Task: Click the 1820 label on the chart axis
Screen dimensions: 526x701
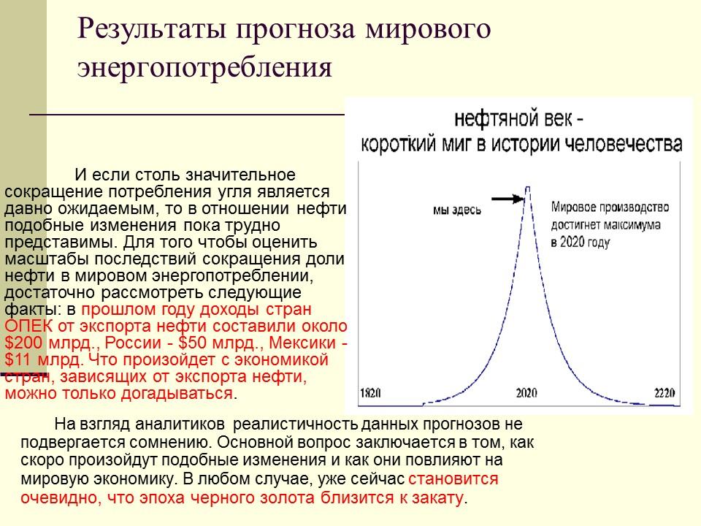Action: click(x=370, y=393)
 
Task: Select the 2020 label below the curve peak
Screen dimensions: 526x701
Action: click(x=526, y=393)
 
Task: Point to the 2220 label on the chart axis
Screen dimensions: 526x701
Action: click(x=664, y=393)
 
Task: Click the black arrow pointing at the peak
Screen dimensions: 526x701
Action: click(x=507, y=197)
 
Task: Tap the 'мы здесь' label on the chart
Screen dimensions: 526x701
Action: click(x=457, y=210)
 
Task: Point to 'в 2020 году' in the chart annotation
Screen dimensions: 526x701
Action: click(x=581, y=241)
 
